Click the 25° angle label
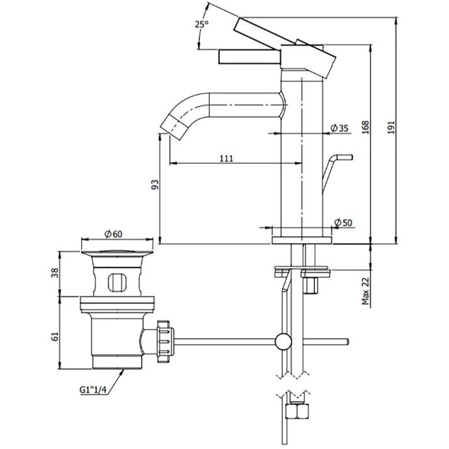202,24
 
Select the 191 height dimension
391,127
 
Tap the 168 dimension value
365,127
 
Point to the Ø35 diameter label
339,128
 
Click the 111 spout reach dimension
227,158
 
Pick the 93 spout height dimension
155,185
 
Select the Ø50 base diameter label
343,222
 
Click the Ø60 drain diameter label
114,234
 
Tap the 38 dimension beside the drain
55,273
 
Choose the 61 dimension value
55,336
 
